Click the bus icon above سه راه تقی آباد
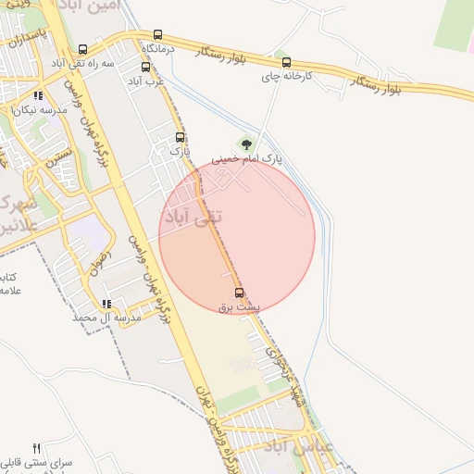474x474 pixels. click(x=84, y=49)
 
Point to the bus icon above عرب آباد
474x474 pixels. click(x=144, y=67)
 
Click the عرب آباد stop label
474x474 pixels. click(x=146, y=80)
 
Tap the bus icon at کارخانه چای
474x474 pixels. click(x=285, y=63)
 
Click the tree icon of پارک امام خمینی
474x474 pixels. click(x=245, y=143)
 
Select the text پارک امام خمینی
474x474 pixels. click(x=246, y=159)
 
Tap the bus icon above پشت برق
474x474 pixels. click(x=241, y=293)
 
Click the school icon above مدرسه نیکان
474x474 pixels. click(x=38, y=95)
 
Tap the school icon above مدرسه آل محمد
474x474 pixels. click(x=106, y=303)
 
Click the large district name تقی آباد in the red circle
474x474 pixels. click(x=193, y=217)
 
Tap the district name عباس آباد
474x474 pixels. click(x=292, y=447)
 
